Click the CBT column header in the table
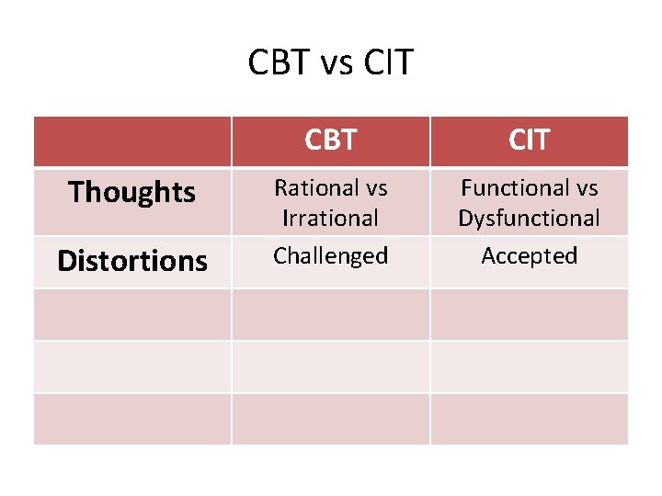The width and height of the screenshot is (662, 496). [x=330, y=140]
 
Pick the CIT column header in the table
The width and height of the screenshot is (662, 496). [x=529, y=140]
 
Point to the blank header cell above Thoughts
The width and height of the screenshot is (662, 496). [x=132, y=141]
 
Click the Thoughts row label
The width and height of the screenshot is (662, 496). [x=132, y=192]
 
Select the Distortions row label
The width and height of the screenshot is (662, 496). [x=132, y=261]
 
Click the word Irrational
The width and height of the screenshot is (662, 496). [x=330, y=219]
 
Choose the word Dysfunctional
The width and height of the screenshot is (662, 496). [x=529, y=219]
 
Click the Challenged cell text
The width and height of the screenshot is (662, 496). [x=330, y=255]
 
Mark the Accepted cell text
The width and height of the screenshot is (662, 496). [x=529, y=255]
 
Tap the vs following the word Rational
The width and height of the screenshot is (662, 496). [x=376, y=188]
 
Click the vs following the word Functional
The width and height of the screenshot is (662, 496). [x=585, y=188]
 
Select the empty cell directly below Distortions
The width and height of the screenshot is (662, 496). [x=132, y=314]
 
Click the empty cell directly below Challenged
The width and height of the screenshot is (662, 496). [x=330, y=314]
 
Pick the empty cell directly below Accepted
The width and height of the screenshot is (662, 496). [x=529, y=314]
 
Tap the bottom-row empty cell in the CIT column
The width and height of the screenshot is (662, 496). [x=529, y=419]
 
